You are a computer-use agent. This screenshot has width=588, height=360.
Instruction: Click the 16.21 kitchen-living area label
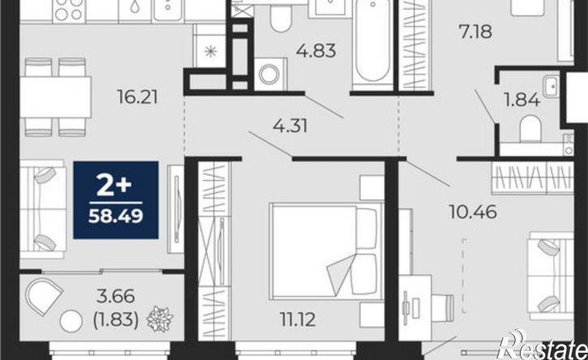pos(138,97)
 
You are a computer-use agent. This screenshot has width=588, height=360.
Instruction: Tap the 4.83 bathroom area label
pos(315,50)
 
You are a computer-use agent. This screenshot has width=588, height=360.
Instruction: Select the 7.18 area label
pos(475,32)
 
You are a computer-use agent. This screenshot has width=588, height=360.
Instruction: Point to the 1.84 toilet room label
pos(521,100)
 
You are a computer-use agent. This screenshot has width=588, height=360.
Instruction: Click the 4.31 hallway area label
pos(290,126)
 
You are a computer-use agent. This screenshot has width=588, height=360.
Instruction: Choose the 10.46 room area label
pos(473,212)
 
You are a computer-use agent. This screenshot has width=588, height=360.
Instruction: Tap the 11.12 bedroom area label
pos(298,319)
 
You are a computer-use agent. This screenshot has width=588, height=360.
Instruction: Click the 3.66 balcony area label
pos(115,297)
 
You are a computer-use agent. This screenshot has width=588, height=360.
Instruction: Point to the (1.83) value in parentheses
pos(115,320)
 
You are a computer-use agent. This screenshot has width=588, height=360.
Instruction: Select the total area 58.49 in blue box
pos(115,216)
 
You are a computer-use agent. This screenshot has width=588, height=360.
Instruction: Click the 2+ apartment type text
pos(114,186)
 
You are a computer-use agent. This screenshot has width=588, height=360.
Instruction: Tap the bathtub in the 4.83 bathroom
pos(372,42)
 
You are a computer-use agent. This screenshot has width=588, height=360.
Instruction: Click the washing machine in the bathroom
pos(270,74)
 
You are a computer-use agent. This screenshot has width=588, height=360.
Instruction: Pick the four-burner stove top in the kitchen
pos(69,10)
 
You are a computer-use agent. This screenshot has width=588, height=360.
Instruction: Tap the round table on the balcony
pos(71,321)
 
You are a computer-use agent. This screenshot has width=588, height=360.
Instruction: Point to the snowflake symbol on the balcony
pos(160,319)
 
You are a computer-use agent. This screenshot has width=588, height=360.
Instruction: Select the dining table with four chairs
pos(55,97)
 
